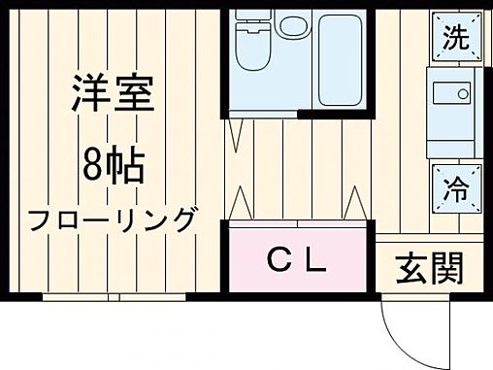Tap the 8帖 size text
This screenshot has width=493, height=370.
tap(113, 166)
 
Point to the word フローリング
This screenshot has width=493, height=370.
tap(113, 219)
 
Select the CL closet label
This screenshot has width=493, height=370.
tap(296, 260)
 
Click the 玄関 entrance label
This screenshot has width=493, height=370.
tap(427, 267)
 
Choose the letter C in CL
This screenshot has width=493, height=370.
tap(280, 260)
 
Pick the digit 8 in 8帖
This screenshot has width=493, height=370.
tap(92, 166)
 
